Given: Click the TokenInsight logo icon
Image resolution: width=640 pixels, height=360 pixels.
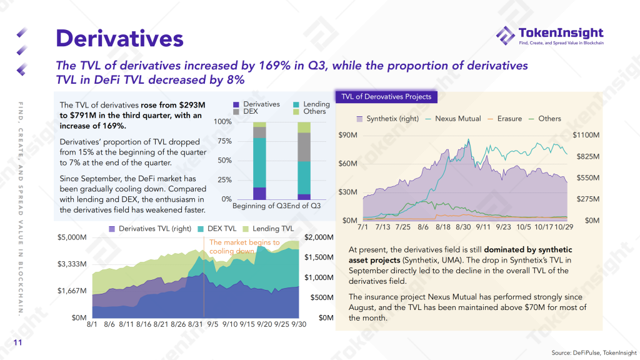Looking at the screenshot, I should [506, 36].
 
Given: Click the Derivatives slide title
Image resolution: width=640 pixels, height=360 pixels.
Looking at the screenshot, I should [119, 38].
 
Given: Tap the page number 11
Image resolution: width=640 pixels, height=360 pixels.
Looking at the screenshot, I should [17, 342].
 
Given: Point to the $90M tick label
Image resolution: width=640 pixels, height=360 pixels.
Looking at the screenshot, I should [347, 135].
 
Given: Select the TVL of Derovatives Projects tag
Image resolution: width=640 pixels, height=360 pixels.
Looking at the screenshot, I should [386, 97].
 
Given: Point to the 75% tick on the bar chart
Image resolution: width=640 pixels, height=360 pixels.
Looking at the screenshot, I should [223, 141].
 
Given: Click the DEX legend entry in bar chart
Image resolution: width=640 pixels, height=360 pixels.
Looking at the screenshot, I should [246, 111].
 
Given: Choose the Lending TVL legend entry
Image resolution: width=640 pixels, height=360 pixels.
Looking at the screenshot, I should [268, 229].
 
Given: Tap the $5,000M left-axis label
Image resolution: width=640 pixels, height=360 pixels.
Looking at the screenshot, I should [71, 237].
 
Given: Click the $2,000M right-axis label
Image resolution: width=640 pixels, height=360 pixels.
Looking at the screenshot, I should [319, 237].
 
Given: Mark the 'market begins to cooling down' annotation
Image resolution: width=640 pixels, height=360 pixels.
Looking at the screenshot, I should [244, 246].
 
